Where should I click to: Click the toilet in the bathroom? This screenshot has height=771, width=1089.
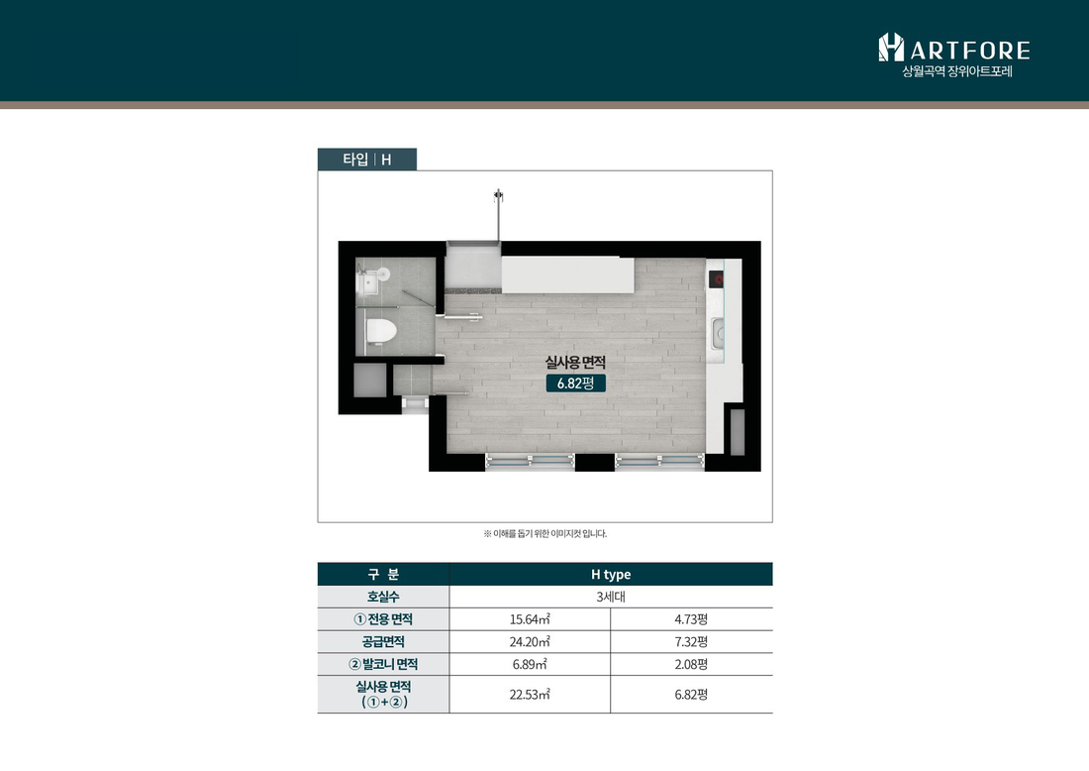point(380,332)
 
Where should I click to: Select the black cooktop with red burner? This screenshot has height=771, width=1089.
point(716,279)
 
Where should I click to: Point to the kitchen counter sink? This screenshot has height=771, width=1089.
point(718,334)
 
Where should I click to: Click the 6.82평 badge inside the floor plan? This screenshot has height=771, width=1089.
point(576,384)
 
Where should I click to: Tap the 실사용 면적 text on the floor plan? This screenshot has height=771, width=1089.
point(575,362)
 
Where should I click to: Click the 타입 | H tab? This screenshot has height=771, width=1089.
point(367,160)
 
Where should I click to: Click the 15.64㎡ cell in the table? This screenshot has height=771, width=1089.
point(530,618)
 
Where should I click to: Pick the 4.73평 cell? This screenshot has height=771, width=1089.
point(691,618)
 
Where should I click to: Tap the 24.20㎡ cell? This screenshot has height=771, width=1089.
point(530,642)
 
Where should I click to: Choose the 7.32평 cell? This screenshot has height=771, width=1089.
point(691,642)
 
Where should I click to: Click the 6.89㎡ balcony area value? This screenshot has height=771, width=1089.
point(530,664)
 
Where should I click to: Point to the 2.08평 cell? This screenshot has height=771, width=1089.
point(691,664)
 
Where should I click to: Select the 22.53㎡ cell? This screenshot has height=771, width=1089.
point(530,694)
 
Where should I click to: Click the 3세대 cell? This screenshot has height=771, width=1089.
point(611,597)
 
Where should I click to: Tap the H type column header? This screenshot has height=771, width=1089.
point(611,574)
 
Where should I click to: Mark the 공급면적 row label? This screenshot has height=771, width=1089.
point(383,642)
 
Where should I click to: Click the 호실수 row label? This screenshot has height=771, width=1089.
point(383,597)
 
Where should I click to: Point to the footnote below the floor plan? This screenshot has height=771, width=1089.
point(545,534)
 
